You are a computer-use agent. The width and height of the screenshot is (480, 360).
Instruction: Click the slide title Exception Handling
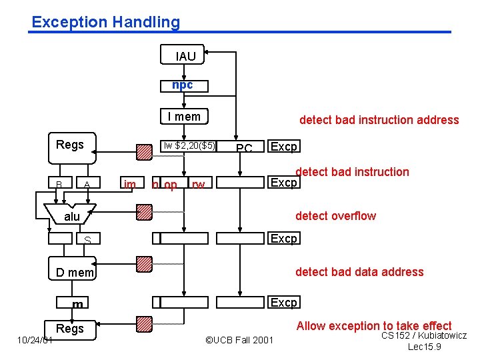105,22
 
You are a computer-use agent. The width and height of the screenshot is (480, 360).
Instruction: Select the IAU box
185,57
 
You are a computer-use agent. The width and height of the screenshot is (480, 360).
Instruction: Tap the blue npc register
183,85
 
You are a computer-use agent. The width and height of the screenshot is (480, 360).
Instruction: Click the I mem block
184,117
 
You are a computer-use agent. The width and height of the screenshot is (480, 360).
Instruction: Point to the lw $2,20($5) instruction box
190,146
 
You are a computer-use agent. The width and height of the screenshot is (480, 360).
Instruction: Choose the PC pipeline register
244,147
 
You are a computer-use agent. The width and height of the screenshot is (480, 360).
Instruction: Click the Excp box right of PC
283,147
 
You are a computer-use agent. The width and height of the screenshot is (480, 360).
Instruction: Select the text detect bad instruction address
379,120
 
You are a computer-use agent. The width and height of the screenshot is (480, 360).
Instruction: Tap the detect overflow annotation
335,215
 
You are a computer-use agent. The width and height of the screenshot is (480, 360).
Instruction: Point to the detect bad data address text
359,271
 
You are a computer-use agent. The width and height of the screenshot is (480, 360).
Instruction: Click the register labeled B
59,184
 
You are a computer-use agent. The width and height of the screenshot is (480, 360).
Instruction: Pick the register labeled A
86,184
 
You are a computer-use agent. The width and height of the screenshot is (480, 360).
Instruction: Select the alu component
72,216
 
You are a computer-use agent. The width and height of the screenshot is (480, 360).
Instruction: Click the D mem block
75,272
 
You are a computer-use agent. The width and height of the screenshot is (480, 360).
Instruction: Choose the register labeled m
78,304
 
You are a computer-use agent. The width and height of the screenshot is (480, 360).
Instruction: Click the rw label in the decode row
198,185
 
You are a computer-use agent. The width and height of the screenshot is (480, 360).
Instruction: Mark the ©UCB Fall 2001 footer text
239,340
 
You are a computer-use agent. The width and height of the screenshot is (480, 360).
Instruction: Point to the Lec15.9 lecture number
425,347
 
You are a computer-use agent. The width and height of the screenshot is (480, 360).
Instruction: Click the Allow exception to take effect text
374,326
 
